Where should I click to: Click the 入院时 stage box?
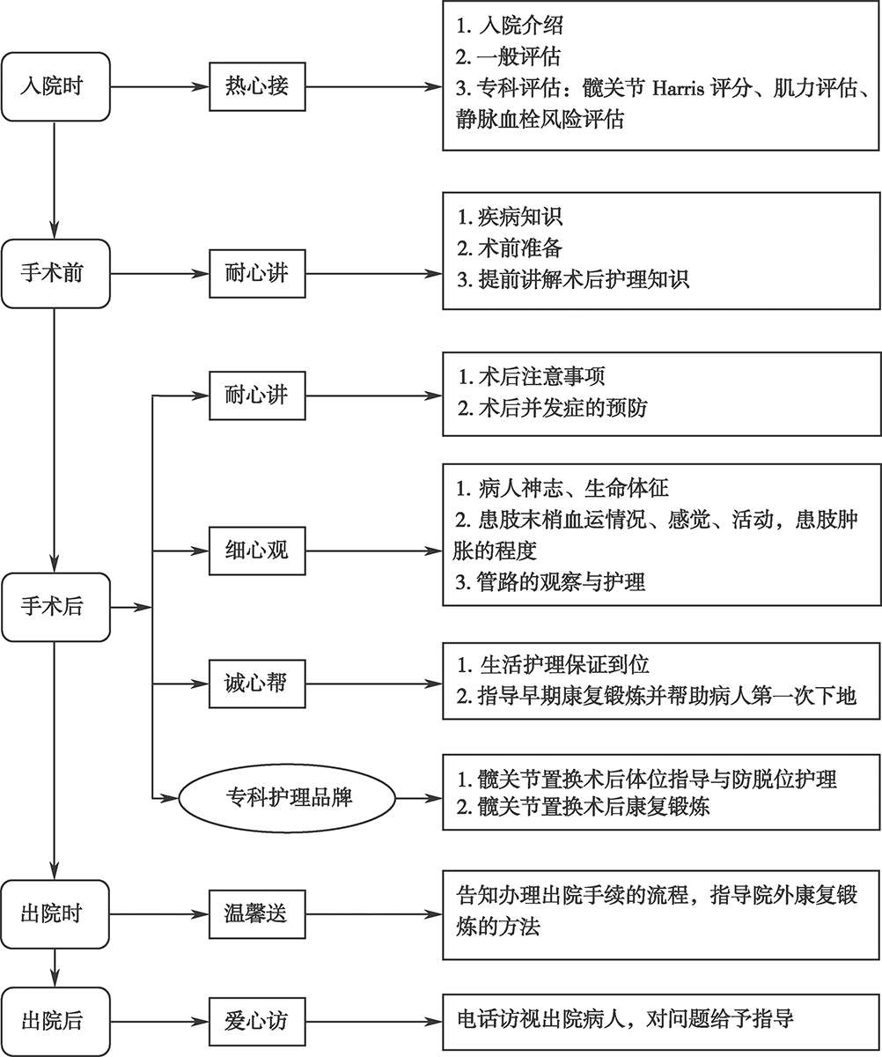coord(55,87)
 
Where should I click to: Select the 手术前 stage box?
coord(55,273)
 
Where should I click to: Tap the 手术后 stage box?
coord(55,607)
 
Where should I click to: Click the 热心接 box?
coord(256,87)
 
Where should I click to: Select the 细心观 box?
coord(256,552)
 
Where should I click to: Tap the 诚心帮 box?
coord(256,684)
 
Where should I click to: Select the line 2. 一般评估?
coord(509,56)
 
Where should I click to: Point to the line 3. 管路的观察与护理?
coord(551,583)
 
